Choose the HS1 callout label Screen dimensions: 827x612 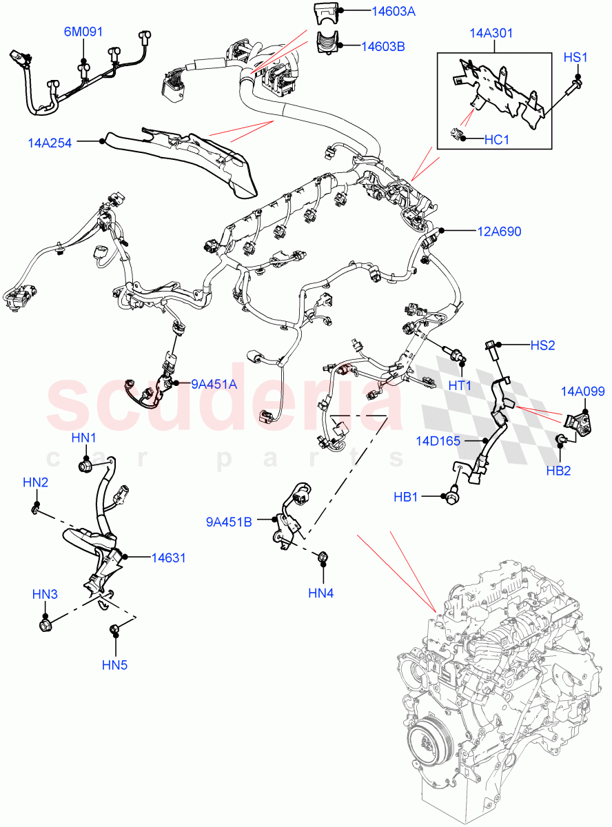[x=575, y=57]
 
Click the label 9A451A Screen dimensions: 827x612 [x=214, y=384]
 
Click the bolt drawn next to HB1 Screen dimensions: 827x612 [x=452, y=494]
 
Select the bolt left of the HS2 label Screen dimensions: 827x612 [x=491, y=346]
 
